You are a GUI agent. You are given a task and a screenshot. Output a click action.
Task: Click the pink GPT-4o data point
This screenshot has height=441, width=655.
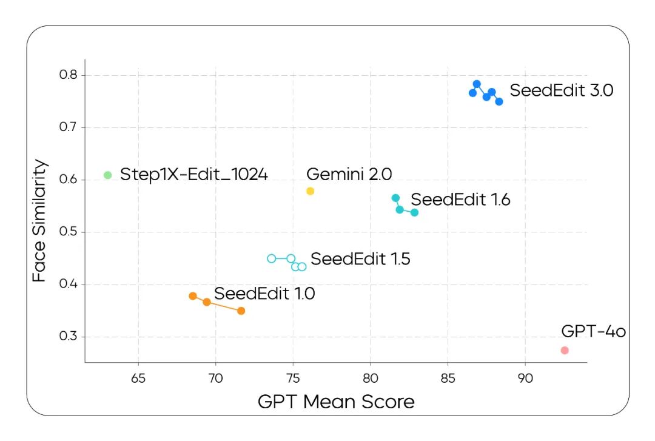coord(565,351)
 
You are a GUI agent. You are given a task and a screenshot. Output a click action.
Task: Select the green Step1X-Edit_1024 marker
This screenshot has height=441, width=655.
coord(108,175)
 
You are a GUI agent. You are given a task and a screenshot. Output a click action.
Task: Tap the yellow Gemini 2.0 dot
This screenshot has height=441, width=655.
coord(311,191)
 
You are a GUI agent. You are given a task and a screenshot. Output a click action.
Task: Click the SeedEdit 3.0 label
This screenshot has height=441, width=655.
coord(562,91)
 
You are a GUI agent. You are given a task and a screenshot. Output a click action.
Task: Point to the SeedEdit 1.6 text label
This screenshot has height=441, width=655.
coord(460,200)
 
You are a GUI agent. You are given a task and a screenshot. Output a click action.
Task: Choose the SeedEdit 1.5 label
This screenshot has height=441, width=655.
coord(360,259)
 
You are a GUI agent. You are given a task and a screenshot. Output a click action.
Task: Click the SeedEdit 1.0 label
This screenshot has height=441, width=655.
coord(264,294)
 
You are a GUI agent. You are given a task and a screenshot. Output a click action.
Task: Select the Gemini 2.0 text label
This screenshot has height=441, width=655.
coord(349,174)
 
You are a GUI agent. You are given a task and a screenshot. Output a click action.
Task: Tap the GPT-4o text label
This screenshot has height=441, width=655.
coord(593,331)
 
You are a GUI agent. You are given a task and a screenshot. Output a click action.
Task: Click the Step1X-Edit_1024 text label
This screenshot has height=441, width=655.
coord(194,175)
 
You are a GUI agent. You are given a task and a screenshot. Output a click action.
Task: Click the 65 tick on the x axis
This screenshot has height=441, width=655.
coord(138,377)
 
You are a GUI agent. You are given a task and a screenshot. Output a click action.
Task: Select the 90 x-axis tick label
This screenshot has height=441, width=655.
coord(525,377)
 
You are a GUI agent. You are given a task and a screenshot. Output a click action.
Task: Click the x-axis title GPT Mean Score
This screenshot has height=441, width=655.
coord(336,402)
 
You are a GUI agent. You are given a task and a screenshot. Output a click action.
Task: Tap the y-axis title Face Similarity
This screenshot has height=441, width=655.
coord(39,221)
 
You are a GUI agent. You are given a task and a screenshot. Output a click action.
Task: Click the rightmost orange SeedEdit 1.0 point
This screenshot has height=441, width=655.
coord(241,311)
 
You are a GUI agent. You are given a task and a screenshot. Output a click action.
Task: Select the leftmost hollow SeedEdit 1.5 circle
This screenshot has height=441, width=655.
coord(272,258)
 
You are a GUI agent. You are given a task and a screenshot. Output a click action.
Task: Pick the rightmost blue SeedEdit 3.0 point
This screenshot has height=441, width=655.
coord(499,102)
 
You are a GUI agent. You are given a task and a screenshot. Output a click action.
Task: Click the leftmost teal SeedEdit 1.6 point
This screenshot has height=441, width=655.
coord(395,198)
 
